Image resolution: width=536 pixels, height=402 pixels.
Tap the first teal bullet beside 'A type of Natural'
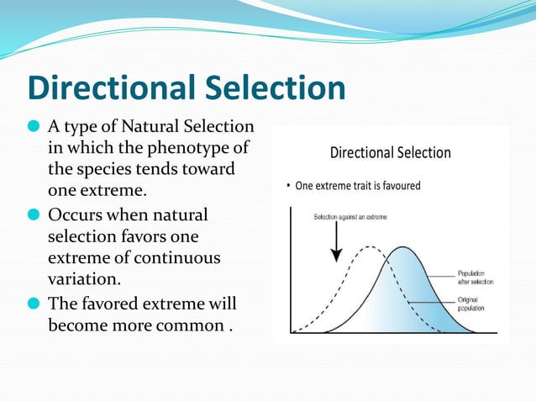click(34, 128)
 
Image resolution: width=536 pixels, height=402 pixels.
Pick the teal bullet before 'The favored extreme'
click(34, 303)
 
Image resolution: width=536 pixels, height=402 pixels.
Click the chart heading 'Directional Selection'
click(390, 153)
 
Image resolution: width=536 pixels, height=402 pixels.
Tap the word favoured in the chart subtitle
click(396, 185)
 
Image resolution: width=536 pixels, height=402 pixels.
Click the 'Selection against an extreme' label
click(346, 217)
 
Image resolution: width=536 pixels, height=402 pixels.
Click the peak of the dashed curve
click(367, 248)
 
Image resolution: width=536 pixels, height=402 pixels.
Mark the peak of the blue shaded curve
click(404, 248)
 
